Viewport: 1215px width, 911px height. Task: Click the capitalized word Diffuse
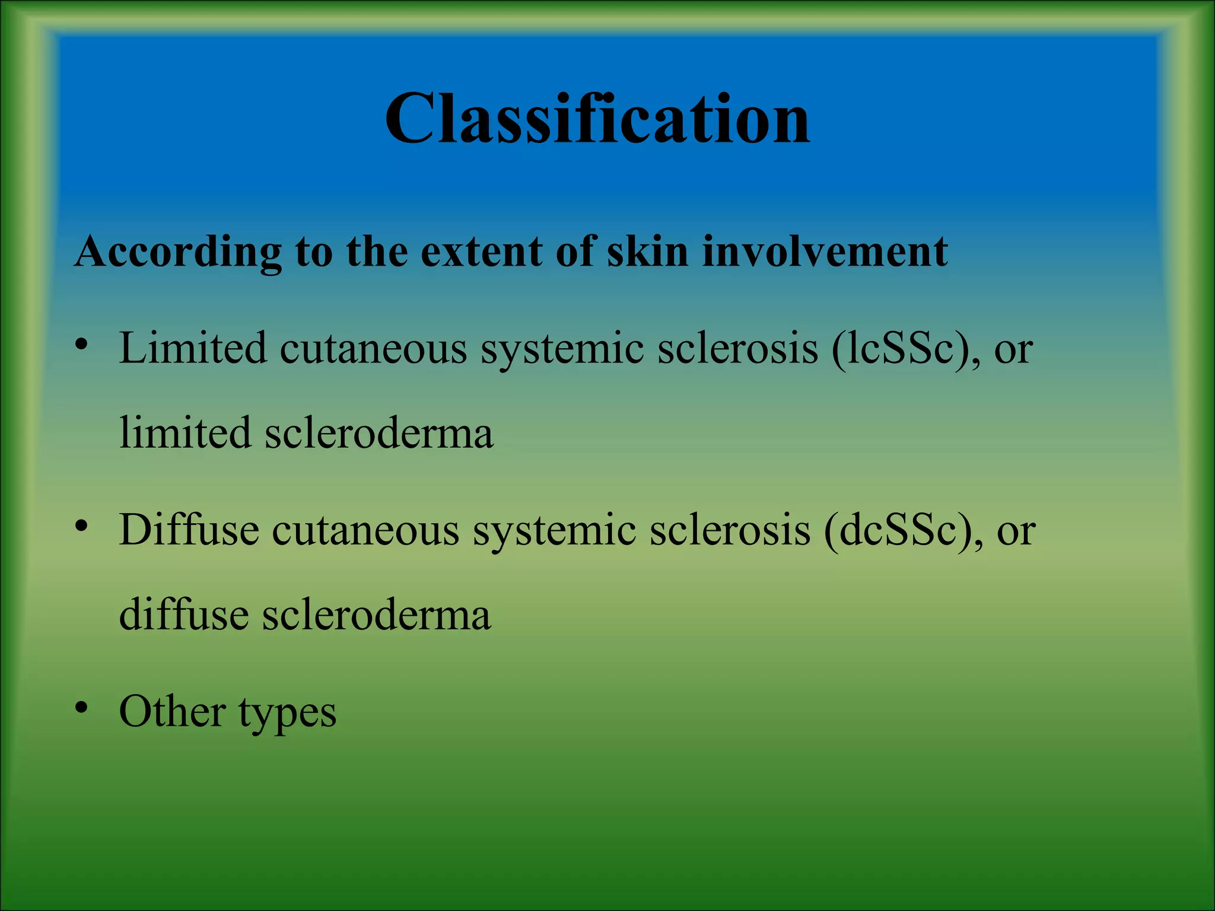pos(189,529)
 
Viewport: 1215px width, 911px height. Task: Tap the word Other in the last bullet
pos(172,711)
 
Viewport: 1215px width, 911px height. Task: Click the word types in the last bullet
pos(287,714)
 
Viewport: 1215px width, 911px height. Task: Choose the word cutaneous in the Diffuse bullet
pos(365,530)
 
